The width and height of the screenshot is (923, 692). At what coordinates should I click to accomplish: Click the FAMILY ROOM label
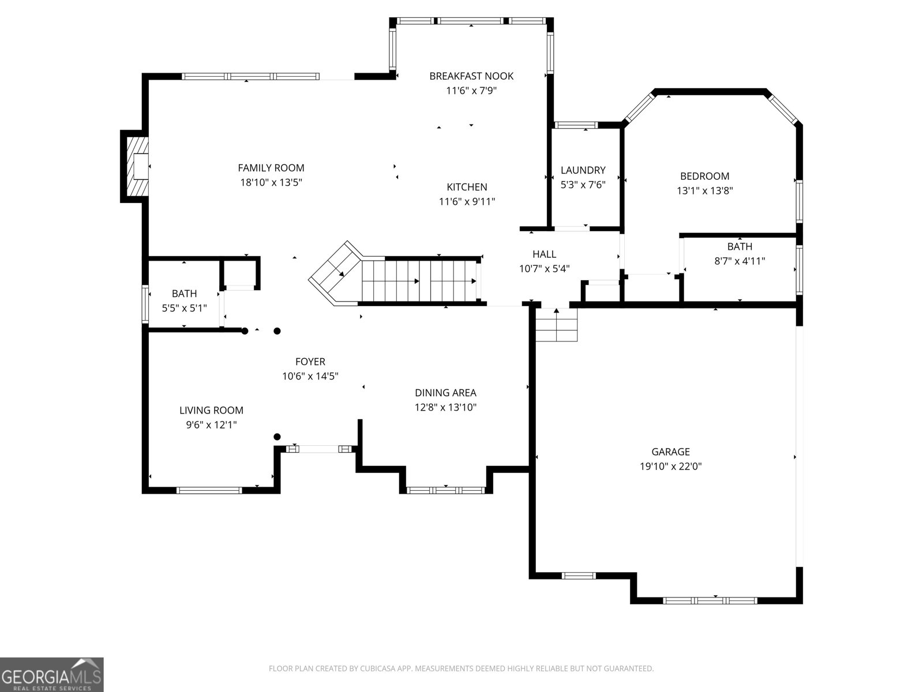click(x=271, y=168)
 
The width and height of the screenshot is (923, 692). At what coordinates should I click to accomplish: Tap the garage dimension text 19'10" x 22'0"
click(x=670, y=467)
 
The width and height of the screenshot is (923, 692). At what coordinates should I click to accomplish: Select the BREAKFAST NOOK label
click(x=471, y=76)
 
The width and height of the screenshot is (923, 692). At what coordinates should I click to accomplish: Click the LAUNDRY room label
click(x=583, y=170)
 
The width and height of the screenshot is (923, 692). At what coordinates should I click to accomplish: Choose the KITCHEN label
click(x=467, y=187)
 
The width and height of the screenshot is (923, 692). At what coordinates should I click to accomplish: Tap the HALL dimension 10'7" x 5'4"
click(x=544, y=268)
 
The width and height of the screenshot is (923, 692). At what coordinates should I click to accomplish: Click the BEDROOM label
click(x=704, y=176)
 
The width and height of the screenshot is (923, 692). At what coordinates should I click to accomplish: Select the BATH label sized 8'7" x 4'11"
click(x=740, y=247)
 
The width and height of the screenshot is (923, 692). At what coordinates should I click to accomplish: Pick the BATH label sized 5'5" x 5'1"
click(x=184, y=294)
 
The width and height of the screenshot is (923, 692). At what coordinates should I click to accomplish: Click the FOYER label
click(x=310, y=362)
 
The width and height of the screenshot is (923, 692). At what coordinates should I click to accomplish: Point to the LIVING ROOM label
click(x=211, y=411)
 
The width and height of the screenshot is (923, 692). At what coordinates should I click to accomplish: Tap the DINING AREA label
click(x=445, y=393)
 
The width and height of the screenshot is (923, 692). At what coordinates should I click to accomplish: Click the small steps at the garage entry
click(x=556, y=326)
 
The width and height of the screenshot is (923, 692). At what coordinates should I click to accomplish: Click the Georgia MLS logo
click(x=52, y=675)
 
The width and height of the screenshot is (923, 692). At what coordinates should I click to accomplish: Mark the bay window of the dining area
click(x=445, y=490)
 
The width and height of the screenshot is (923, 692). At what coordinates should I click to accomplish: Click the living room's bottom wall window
click(x=209, y=490)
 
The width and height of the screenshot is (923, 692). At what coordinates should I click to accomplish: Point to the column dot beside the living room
click(x=277, y=437)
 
